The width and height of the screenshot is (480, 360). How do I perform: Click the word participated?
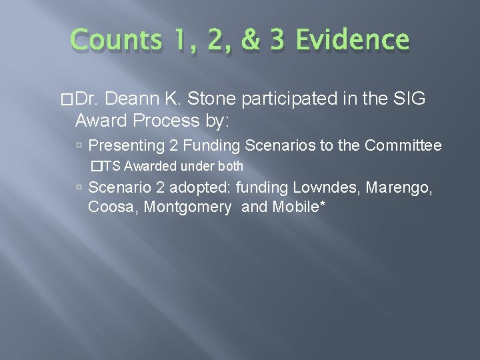click(288, 100)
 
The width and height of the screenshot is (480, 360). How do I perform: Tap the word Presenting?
click(125, 145)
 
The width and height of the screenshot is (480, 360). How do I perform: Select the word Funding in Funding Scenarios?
click(208, 145)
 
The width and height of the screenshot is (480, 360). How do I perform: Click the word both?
click(231, 166)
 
